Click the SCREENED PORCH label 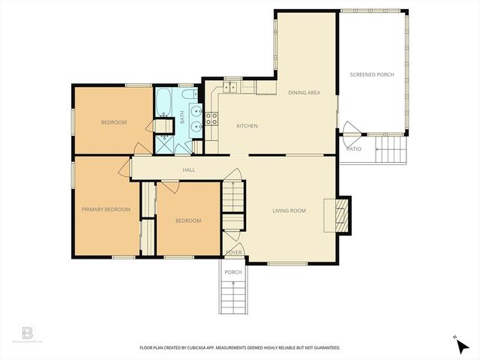(371, 74)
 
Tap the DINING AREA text (304, 92)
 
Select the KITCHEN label (247, 126)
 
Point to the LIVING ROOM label (289, 211)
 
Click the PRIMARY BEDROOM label (106, 209)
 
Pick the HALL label (189, 170)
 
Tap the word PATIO (354, 148)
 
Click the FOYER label (234, 253)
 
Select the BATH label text (181, 118)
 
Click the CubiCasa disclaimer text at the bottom (240, 348)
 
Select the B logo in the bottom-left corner (28, 332)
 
